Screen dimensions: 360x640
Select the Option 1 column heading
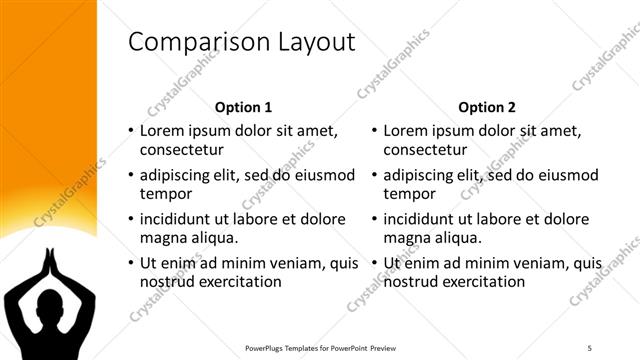pyautogui.click(x=243, y=107)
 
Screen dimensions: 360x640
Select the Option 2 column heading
pyautogui.click(x=487, y=107)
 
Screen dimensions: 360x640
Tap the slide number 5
pyautogui.click(x=590, y=347)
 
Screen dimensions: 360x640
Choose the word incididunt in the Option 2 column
pyautogui.click(x=423, y=219)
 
